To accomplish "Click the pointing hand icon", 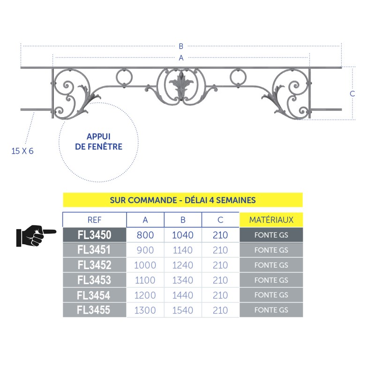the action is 36,236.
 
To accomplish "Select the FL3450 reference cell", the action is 95,235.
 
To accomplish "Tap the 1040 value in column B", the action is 183,235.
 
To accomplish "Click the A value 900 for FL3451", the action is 145,250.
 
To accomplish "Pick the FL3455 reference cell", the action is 95,310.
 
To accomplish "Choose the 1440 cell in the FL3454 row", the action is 183,295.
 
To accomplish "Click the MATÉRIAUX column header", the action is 271,220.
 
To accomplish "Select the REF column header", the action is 95,220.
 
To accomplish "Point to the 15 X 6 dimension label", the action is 22,151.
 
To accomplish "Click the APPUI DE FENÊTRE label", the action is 98,142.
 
